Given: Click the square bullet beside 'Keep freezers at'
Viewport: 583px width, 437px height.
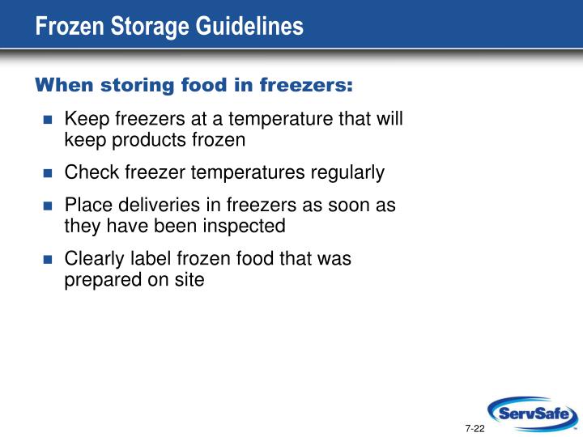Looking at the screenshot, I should tap(47, 121).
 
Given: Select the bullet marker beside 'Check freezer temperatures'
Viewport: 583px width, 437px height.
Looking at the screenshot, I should tap(47, 173).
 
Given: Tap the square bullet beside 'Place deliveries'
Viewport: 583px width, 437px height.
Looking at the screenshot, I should tap(47, 206).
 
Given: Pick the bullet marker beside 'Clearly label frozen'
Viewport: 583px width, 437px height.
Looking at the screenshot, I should tap(47, 260).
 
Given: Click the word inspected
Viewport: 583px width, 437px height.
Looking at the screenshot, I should tap(246, 226).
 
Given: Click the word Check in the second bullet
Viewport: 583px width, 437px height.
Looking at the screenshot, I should tap(87, 172).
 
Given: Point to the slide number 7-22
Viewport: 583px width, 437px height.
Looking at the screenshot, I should tap(474, 427).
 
